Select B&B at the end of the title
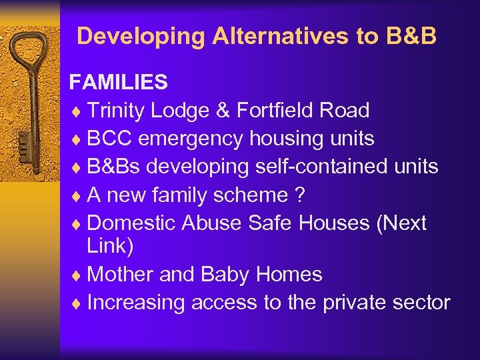point(411,36)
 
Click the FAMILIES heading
point(119,82)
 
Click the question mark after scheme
point(299,194)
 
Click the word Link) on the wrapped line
point(110,246)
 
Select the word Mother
point(119,274)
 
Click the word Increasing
point(137,302)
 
